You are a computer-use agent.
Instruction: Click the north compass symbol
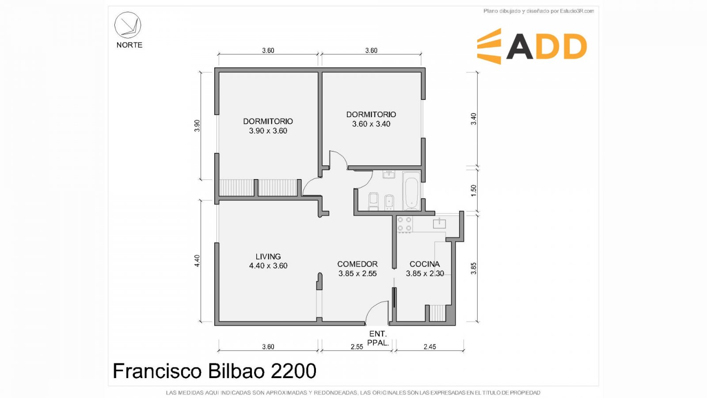[128, 25]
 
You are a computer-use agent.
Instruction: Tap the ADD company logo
[532, 46]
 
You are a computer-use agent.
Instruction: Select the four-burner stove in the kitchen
[405, 224]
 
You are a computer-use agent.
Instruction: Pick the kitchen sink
[439, 223]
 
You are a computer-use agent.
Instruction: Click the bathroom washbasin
[389, 174]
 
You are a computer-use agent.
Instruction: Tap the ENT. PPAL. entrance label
[378, 338]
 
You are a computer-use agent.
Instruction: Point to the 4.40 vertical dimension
[197, 261]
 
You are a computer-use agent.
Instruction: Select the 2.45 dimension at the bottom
[430, 347]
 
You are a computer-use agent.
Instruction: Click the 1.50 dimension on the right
[473, 191]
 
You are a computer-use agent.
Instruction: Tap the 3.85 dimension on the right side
[473, 268]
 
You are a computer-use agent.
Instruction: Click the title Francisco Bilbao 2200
[214, 371]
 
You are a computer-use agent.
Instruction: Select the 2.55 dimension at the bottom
[357, 347]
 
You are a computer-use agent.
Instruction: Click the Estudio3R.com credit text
[539, 11]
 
